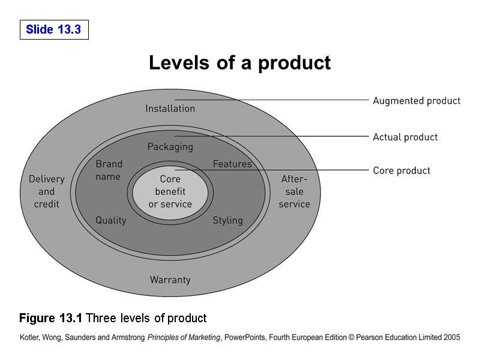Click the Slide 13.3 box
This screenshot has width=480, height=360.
[x=54, y=29]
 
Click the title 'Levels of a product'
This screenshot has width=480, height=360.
[x=239, y=63]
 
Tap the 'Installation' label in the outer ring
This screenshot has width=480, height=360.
[x=170, y=109]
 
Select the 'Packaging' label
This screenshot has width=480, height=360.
[x=170, y=146]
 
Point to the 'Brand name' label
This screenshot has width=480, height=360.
[x=109, y=170]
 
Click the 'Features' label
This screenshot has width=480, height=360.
[x=232, y=164]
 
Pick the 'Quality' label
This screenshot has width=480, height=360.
[x=111, y=220]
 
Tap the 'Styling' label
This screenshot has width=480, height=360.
[x=227, y=220]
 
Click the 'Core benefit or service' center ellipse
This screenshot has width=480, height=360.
[x=170, y=191]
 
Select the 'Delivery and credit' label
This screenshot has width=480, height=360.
[x=46, y=191]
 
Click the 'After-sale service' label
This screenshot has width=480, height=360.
[x=294, y=191]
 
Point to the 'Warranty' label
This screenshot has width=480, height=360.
[x=170, y=280]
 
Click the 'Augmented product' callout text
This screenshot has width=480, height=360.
[x=416, y=101]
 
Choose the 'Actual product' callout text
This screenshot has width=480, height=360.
[x=405, y=137]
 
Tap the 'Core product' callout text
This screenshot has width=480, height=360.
[x=401, y=171]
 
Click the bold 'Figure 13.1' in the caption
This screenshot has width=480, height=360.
[x=51, y=318]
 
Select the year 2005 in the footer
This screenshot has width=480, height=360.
[x=451, y=338]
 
